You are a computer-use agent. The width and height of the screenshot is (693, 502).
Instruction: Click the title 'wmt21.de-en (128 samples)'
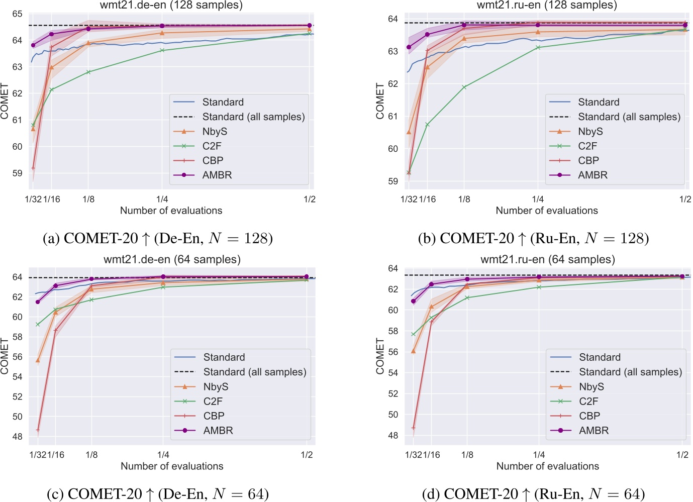coord(171,6)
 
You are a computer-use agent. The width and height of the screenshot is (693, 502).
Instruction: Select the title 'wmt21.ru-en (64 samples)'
coord(547,260)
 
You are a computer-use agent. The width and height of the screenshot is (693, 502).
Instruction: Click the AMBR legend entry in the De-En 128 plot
coord(217,175)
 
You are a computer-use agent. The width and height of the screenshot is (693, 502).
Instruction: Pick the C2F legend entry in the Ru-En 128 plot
coord(587,146)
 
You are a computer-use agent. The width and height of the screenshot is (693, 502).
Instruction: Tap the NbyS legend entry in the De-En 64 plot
coord(216,387)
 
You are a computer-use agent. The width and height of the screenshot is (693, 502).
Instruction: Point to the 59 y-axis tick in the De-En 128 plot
coord(18,173)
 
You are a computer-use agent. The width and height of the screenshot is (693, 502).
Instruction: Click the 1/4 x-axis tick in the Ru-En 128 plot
coord(538,199)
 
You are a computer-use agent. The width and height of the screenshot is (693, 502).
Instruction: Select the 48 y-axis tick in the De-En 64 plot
coord(18,437)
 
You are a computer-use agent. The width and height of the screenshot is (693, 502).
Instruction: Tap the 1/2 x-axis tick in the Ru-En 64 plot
coord(682,455)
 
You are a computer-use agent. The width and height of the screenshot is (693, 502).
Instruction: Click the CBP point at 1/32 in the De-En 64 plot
coord(38,430)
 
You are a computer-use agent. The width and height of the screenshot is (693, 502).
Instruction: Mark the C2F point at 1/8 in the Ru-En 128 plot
coord(464,87)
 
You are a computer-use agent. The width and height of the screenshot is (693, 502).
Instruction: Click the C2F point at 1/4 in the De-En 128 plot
coord(162,50)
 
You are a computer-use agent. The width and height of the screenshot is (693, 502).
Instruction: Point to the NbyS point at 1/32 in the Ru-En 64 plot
coord(414,351)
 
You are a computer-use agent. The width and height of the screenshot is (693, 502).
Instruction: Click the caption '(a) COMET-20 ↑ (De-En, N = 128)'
coord(158,238)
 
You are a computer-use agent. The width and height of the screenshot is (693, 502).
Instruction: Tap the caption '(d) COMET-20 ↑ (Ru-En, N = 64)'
coord(533,494)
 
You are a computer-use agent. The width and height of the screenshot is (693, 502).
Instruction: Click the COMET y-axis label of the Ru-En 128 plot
coord(380,101)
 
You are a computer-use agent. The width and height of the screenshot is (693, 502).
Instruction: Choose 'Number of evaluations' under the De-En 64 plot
coord(172,466)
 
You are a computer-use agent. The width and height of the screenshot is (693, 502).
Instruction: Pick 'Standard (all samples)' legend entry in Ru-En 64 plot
coord(630,372)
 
